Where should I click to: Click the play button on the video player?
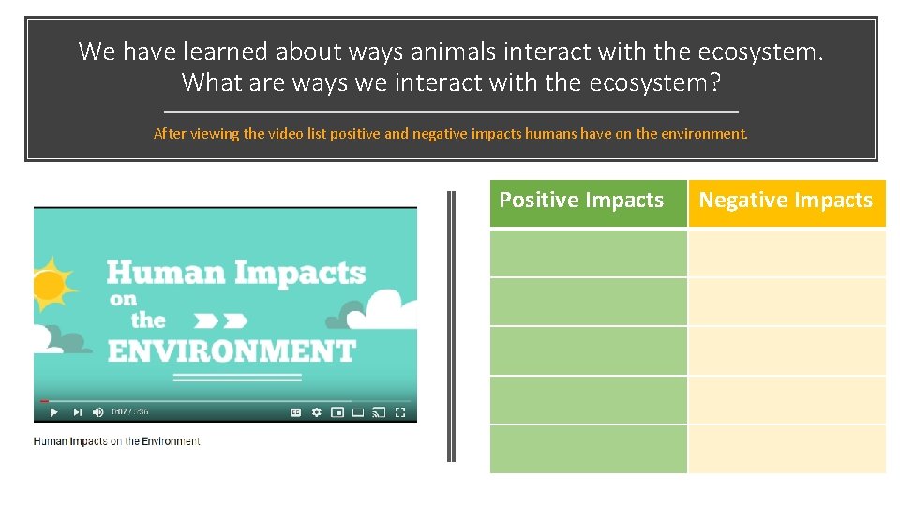tap(53, 412)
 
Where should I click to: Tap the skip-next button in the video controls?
tap(77, 412)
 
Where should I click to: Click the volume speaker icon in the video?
tap(98, 412)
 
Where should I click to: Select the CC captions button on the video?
tap(295, 412)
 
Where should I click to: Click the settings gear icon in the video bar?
tap(317, 412)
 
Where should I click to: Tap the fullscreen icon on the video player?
tap(400, 412)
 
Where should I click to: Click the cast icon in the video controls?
tap(379, 412)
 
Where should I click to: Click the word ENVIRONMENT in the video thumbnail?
tap(232, 351)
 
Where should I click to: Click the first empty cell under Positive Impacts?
tap(588, 253)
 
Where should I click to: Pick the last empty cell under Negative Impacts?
tap(786, 449)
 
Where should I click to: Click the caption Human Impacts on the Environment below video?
tap(117, 441)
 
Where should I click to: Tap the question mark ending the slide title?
tap(715, 82)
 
